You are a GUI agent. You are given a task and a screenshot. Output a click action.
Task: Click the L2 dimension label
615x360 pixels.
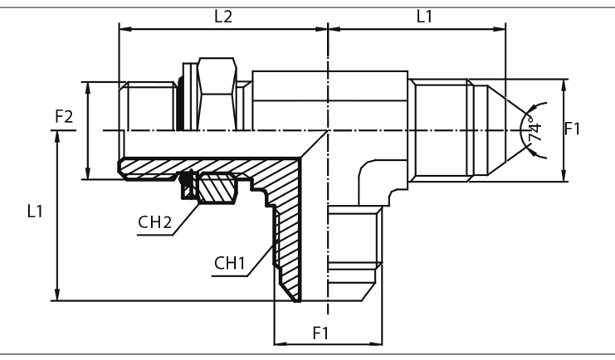point(223,16)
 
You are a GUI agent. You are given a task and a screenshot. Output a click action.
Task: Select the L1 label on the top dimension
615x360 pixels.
point(423,16)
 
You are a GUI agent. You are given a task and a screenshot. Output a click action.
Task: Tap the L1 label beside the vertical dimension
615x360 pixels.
point(34,212)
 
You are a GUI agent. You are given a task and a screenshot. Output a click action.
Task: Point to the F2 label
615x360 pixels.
point(64,117)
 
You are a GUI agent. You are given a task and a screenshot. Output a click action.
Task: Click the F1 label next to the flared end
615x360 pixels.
point(573,129)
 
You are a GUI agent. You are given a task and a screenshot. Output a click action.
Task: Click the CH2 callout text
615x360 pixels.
point(154,223)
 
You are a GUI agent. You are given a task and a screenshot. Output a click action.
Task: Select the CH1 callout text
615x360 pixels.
point(230,263)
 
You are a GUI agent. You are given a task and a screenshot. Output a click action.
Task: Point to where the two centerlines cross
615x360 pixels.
point(329,131)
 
